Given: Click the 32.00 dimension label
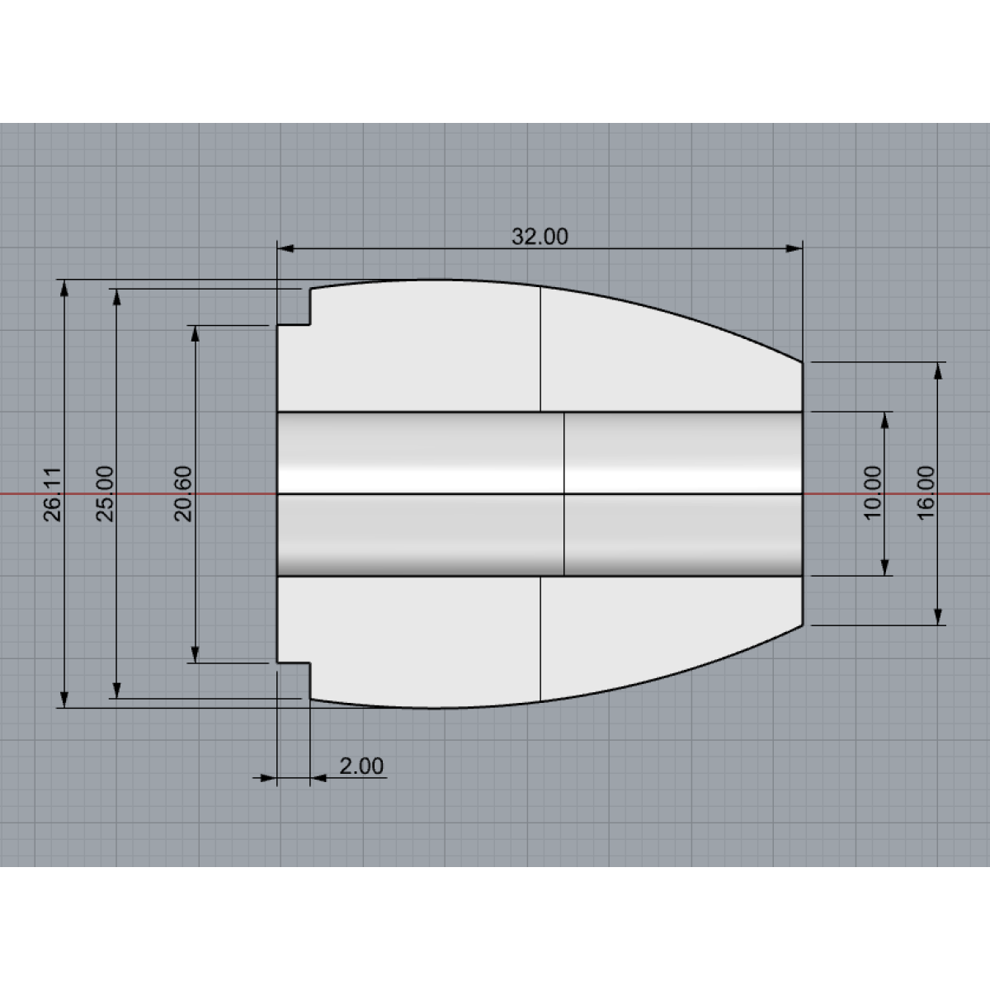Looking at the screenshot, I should coord(540,237).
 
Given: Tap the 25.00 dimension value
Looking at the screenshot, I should coord(106,493).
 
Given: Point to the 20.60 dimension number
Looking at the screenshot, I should coord(183,493).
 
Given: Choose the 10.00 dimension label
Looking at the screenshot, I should coord(873,493).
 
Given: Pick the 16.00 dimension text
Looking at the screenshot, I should coord(926,493).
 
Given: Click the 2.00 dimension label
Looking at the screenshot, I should coord(361,766).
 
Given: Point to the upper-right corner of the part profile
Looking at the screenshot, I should coord(802,361).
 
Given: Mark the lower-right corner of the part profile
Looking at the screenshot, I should coord(802,625).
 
